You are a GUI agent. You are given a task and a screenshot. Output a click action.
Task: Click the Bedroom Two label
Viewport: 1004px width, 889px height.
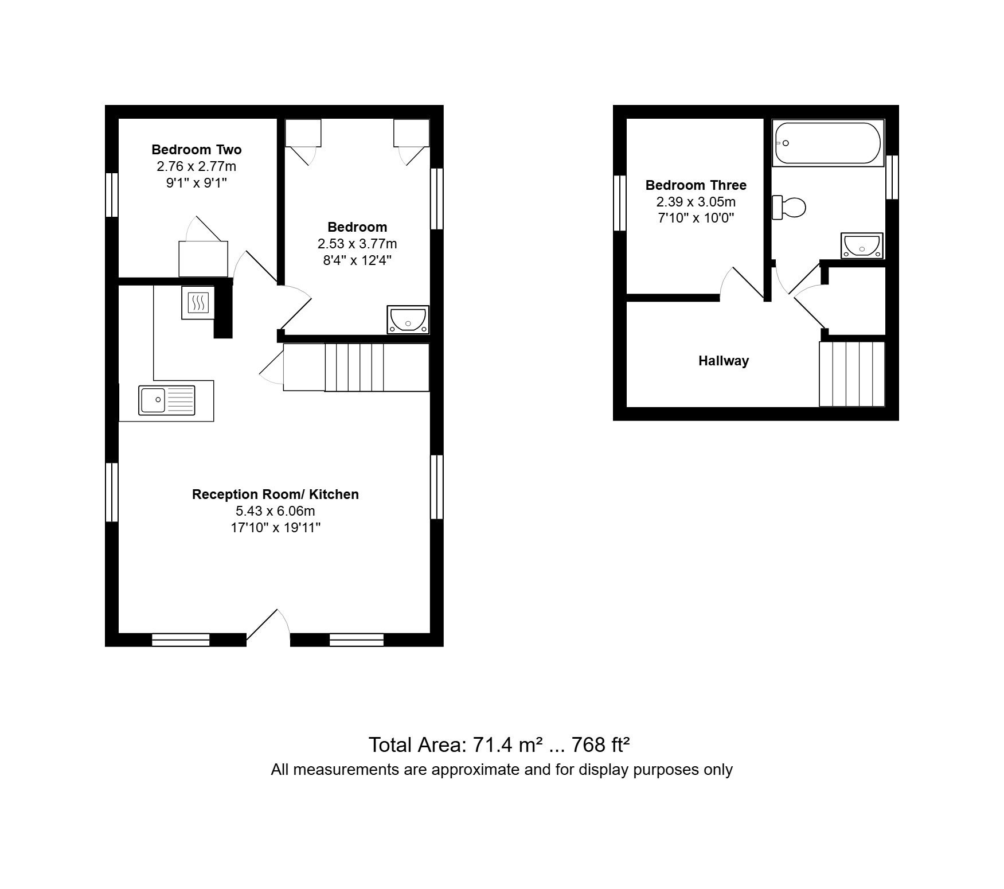(x=196, y=150)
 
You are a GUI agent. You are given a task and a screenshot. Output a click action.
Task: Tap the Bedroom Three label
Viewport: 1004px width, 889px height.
(x=696, y=185)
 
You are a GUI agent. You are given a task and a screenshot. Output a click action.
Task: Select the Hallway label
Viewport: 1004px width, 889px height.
(x=724, y=361)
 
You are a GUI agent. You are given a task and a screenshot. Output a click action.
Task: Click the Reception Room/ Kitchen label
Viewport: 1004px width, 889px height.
(x=275, y=494)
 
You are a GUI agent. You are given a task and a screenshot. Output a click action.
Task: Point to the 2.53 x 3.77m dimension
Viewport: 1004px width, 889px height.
(x=357, y=244)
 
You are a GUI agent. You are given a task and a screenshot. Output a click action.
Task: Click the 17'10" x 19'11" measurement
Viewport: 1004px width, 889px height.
(x=275, y=528)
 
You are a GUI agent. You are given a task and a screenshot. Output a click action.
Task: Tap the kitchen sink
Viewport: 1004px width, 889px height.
(x=167, y=400)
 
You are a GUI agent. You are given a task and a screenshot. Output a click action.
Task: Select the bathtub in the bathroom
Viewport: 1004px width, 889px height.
(x=827, y=143)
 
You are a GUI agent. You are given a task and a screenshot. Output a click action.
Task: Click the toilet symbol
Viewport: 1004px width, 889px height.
(x=789, y=207)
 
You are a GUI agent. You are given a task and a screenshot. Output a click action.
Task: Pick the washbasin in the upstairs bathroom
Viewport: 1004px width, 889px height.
(x=862, y=246)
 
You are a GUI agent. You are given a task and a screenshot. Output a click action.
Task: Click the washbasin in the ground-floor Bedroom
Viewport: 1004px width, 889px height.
(x=408, y=319)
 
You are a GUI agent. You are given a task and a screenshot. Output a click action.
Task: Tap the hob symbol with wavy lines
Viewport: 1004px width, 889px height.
(x=198, y=302)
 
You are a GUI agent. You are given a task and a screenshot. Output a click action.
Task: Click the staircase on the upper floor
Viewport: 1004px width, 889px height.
(x=852, y=374)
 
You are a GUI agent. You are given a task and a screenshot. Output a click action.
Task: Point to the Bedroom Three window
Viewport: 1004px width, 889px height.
(x=619, y=203)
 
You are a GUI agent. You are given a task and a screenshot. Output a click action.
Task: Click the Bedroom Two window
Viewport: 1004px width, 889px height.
(x=112, y=195)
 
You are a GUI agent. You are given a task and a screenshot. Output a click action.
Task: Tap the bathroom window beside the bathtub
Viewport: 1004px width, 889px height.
(x=892, y=177)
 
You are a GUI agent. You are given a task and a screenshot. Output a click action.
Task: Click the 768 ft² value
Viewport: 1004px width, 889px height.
(x=601, y=744)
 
